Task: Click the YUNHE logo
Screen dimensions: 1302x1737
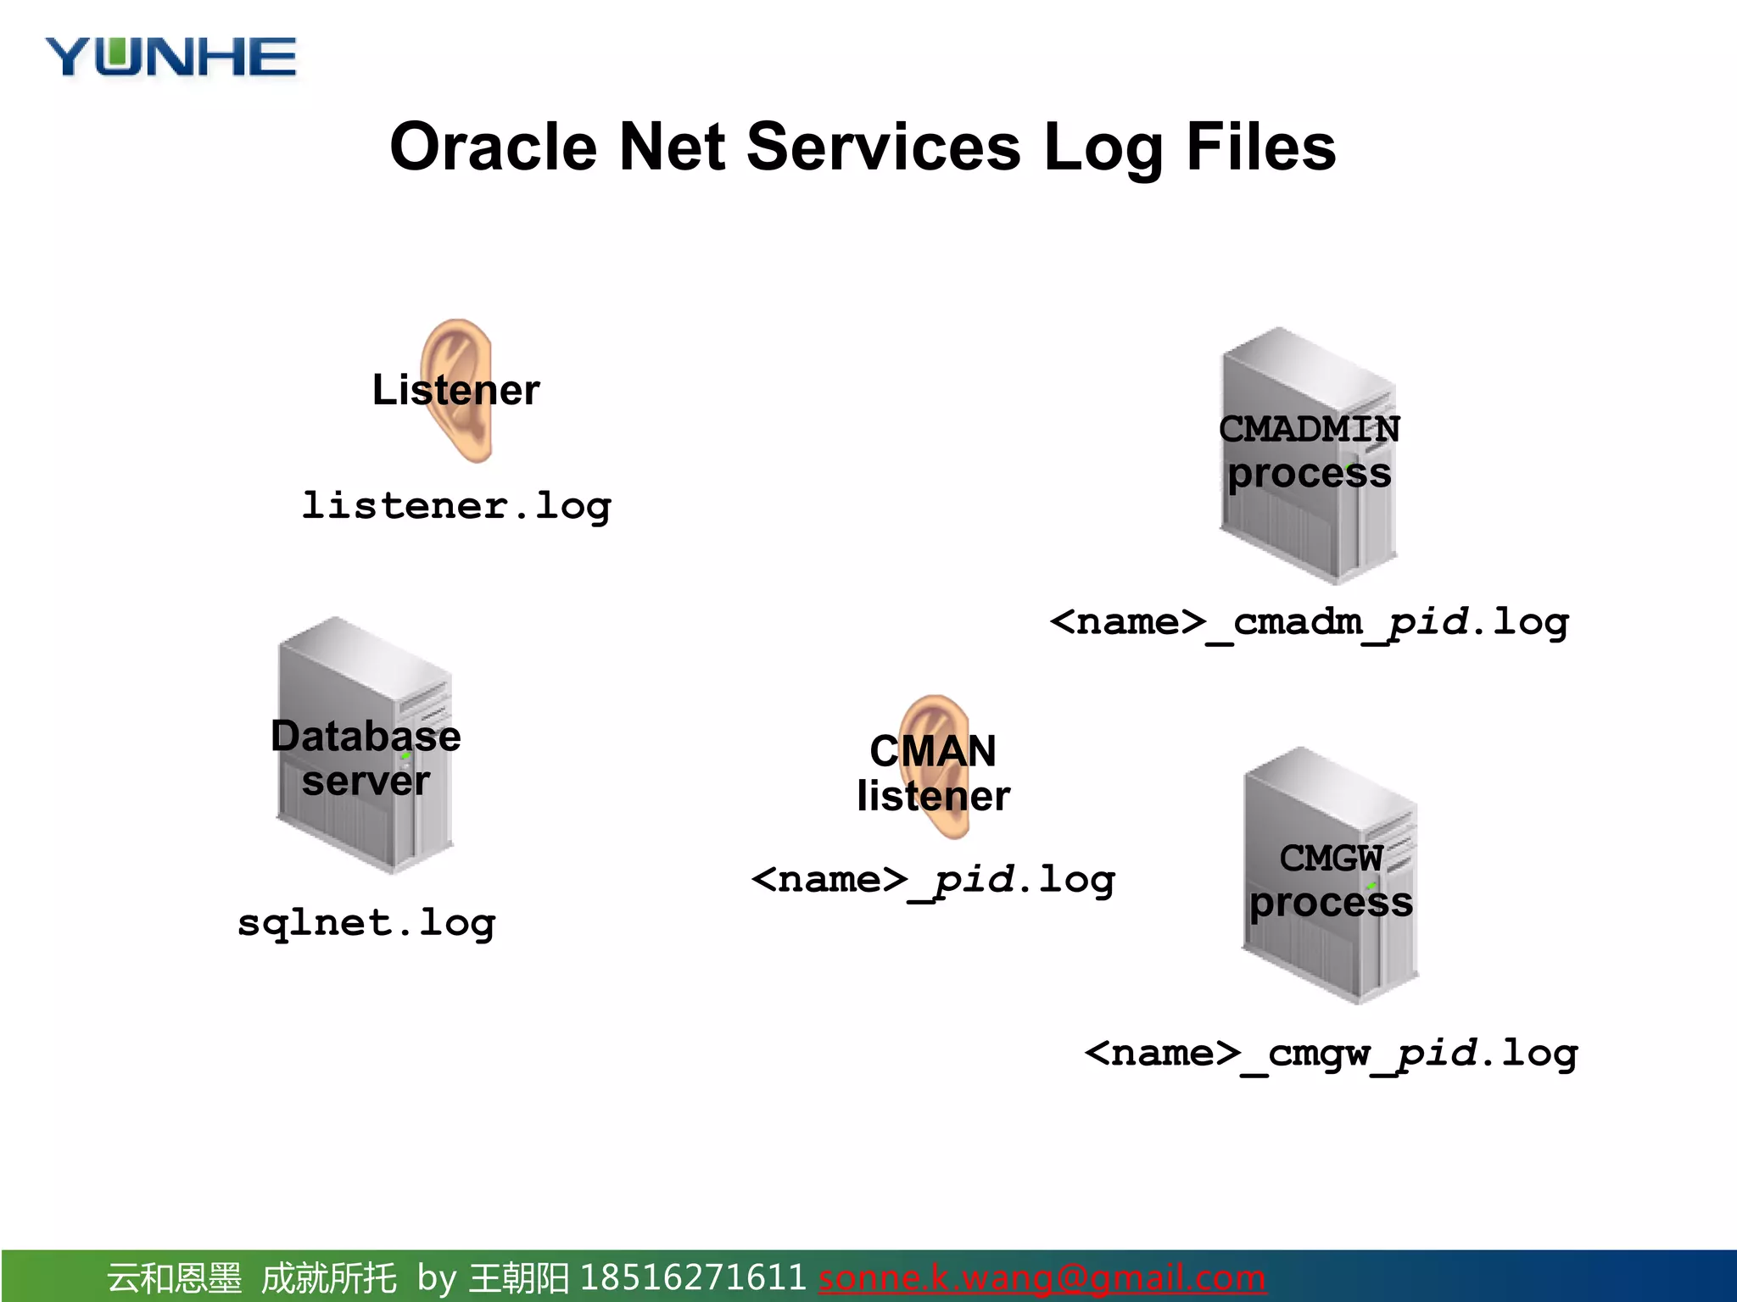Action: pos(170,58)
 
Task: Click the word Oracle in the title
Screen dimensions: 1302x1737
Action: pos(493,147)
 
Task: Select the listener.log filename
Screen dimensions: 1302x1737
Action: pos(456,506)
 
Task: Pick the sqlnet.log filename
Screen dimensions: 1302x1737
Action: pos(366,922)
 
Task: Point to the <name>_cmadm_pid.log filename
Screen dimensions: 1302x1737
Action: pos(1309,622)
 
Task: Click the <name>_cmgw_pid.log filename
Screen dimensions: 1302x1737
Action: pos(1331,1054)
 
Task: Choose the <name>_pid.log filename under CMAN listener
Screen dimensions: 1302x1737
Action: pos(933,880)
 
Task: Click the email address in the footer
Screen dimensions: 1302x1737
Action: pos(1042,1277)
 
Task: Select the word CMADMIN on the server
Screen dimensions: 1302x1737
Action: pos(1309,429)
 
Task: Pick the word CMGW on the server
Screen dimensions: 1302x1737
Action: pos(1331,859)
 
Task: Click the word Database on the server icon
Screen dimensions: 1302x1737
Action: pos(366,736)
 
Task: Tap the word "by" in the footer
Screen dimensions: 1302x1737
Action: pos(437,1277)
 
